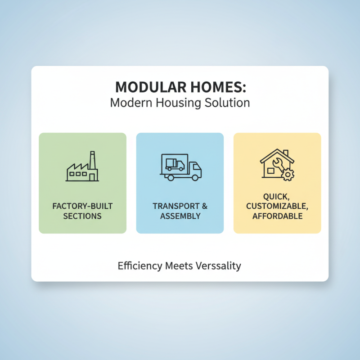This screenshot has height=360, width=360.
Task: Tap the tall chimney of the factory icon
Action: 93,160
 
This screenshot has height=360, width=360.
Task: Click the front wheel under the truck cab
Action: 194,177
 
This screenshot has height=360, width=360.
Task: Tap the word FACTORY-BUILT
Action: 82,207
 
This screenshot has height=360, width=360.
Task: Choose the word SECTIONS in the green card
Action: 82,216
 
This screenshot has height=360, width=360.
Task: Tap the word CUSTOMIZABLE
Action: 277,207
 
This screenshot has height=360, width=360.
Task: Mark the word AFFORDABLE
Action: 277,216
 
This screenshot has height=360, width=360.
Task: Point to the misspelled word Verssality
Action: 219,266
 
